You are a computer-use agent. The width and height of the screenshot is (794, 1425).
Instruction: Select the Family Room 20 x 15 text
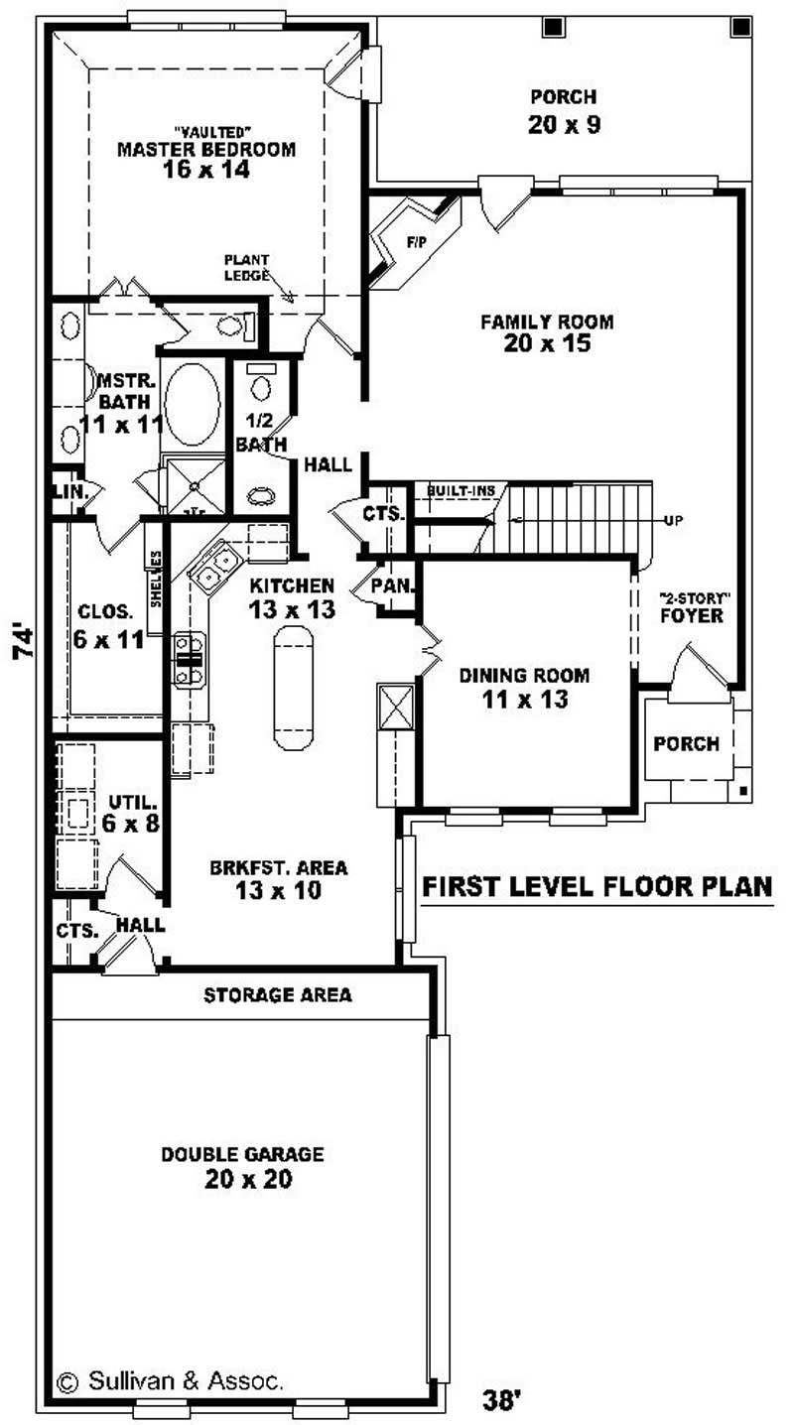pyautogui.click(x=547, y=332)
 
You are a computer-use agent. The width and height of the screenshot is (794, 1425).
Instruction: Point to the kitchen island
pyautogui.click(x=292, y=688)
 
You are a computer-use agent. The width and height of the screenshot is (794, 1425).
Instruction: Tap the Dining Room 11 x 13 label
pyautogui.click(x=524, y=687)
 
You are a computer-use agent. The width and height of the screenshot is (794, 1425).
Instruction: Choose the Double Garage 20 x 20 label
pyautogui.click(x=243, y=1166)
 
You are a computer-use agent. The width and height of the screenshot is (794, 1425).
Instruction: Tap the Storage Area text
pyautogui.click(x=278, y=994)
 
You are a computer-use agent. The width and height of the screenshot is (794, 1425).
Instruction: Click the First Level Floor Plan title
pyautogui.click(x=597, y=886)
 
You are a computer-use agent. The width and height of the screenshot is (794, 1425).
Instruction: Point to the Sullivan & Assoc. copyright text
pyautogui.click(x=171, y=1379)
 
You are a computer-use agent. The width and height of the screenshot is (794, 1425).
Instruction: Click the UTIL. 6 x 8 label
pyautogui.click(x=130, y=812)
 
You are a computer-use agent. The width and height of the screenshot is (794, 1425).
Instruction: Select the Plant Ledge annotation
pyautogui.click(x=247, y=268)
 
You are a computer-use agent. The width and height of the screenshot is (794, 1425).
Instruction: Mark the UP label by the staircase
pyautogui.click(x=672, y=520)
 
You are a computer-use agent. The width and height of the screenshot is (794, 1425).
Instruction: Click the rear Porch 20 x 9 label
pyautogui.click(x=564, y=110)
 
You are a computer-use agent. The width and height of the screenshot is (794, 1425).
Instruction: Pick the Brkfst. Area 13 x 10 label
pyautogui.click(x=279, y=879)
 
